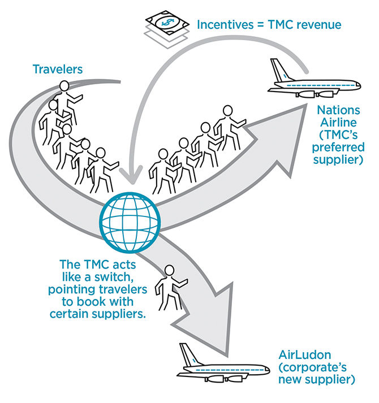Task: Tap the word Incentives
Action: [x=225, y=25]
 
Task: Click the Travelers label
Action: [x=58, y=70]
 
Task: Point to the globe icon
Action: [x=130, y=223]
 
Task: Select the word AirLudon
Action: [x=305, y=355]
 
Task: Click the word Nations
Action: [x=338, y=110]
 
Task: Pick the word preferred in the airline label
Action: [x=338, y=148]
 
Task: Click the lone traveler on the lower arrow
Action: [x=170, y=288]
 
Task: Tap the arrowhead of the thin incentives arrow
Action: [x=131, y=175]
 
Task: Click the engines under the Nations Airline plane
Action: [x=315, y=94]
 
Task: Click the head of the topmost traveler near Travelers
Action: [x=64, y=86]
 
